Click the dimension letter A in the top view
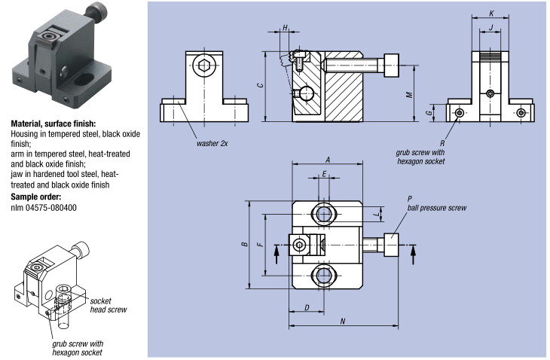[x=328, y=160]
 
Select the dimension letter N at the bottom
[x=343, y=321]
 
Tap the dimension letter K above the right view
[x=491, y=14]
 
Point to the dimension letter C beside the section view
[x=260, y=85]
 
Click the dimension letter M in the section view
[x=409, y=95]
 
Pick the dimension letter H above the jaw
[x=286, y=28]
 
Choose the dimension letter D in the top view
[x=307, y=308]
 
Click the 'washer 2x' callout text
[x=212, y=143]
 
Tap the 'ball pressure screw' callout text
[x=437, y=208]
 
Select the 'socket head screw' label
[x=108, y=305]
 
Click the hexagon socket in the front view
[x=203, y=66]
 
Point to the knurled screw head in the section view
[x=392, y=66]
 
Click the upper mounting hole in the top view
[x=323, y=214]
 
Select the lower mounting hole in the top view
[x=323, y=276]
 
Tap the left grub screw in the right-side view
[x=460, y=112]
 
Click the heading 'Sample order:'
[x=35, y=197]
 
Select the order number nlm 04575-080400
[x=44, y=208]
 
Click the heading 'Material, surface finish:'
[x=53, y=124]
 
